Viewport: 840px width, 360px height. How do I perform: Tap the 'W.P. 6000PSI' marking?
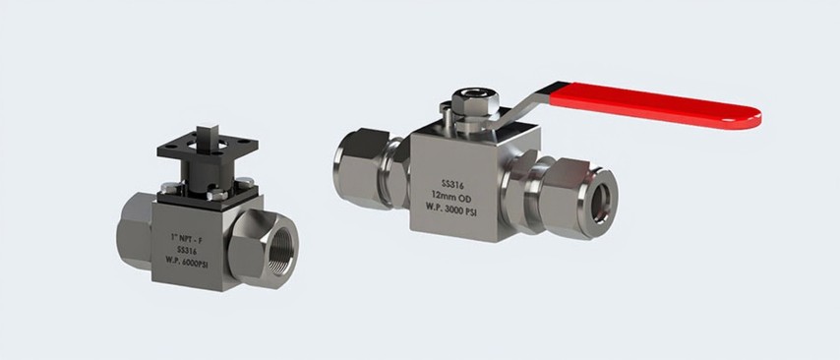coord(187,262)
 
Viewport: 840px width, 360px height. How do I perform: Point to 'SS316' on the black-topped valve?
coord(187,250)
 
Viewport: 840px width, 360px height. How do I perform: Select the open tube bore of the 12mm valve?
coord(600,203)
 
